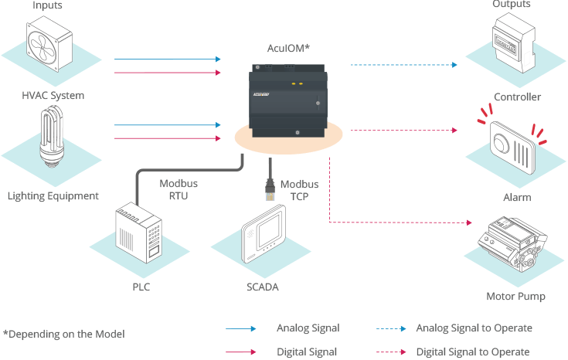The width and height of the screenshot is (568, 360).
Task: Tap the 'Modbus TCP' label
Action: (x=299, y=190)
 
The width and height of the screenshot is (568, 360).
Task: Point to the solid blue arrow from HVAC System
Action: (x=167, y=59)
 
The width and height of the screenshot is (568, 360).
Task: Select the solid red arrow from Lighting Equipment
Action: (x=167, y=139)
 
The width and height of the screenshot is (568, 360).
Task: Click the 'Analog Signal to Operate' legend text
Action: (x=474, y=328)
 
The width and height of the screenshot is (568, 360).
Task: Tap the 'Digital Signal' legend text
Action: (x=307, y=352)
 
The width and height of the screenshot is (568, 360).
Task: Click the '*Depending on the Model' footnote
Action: (x=63, y=334)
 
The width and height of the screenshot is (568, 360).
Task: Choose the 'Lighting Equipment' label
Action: (x=53, y=196)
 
